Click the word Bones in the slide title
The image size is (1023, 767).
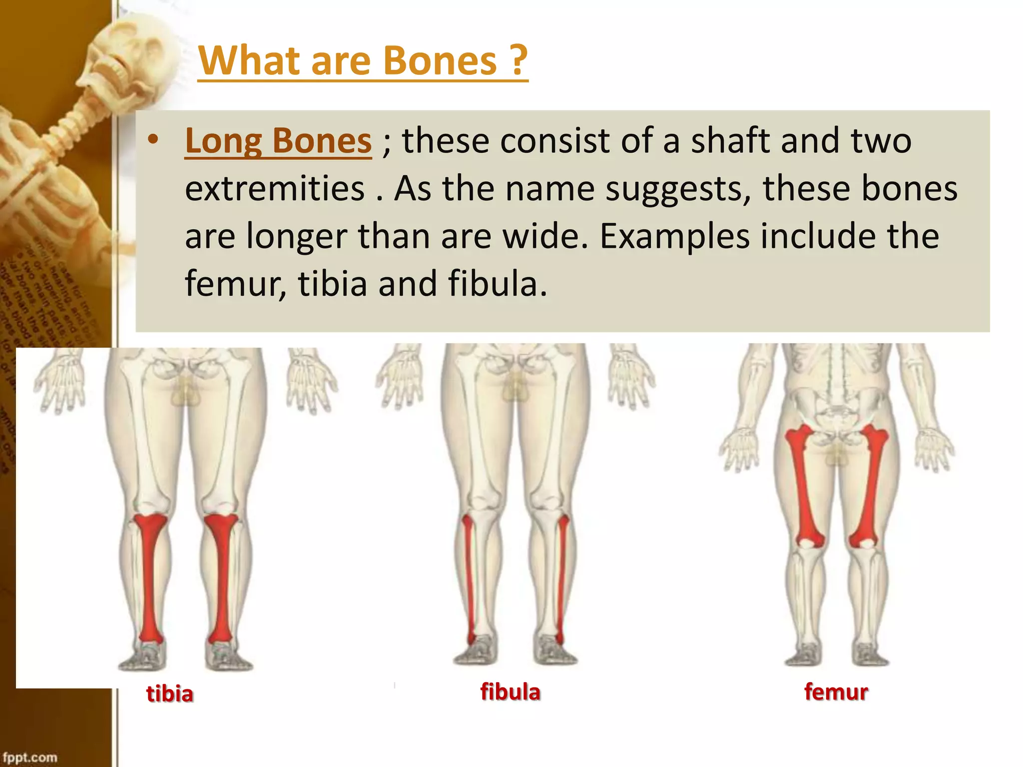pos(440,61)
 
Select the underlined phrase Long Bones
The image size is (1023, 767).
pos(278,141)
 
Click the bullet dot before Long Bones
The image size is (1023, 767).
pos(153,140)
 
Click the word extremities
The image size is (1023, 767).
pos(275,189)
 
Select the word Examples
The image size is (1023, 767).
pos(674,237)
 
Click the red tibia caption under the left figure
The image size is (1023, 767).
pos(170,694)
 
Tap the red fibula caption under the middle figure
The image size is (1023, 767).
pos(510,692)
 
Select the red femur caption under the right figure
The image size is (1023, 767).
pos(836,692)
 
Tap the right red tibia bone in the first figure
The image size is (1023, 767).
pos(220,574)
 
